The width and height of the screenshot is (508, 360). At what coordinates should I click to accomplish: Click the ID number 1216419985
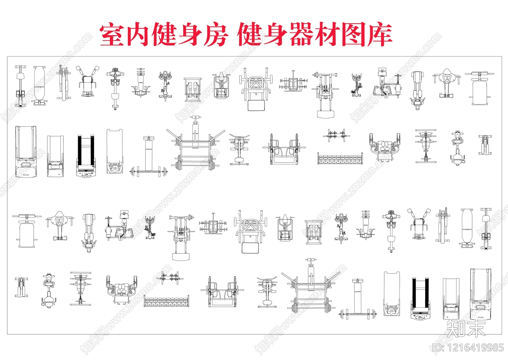pos(468,348)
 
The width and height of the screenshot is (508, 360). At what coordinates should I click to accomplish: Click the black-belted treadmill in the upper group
pos(86,156)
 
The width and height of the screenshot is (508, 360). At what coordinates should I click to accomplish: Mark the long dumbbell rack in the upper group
pos(340,158)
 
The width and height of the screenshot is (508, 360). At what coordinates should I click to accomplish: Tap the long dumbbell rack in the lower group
pos(167,301)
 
